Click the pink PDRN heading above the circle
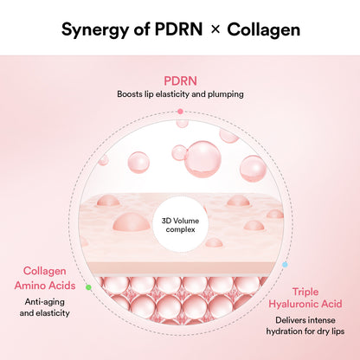point(179,80)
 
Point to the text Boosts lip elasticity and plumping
point(179,94)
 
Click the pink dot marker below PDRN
point(179,112)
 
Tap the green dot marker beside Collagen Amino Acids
point(87,286)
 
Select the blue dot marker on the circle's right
point(285,264)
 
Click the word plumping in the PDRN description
point(222,94)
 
